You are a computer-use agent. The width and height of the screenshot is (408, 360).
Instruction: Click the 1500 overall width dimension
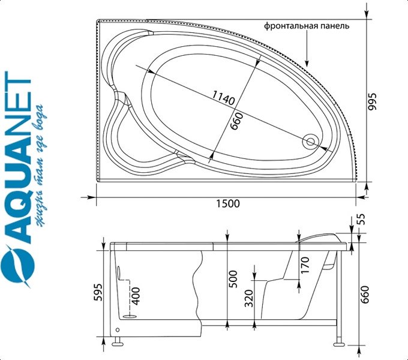pyautogui.click(x=228, y=203)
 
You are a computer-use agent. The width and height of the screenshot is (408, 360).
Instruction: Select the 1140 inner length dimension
pyautogui.click(x=223, y=98)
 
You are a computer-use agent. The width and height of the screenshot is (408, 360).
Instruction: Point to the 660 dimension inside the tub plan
pyautogui.click(x=237, y=121)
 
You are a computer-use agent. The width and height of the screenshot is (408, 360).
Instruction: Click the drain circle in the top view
pyautogui.click(x=311, y=142)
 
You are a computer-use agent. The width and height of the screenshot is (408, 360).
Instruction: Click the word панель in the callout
pyautogui.click(x=335, y=26)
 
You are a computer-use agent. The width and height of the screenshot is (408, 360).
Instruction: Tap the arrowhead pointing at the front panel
pyautogui.click(x=307, y=63)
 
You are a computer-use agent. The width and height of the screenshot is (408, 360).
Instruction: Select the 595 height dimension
pyautogui.click(x=98, y=292)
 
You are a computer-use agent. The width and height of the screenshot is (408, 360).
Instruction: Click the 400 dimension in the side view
pyautogui.click(x=136, y=296)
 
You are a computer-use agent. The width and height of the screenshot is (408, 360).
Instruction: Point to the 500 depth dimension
pyautogui.click(x=233, y=279)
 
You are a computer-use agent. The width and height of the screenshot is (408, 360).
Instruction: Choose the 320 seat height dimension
pyautogui.click(x=249, y=298)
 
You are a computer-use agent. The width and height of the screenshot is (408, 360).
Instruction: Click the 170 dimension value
pyautogui.click(x=305, y=265)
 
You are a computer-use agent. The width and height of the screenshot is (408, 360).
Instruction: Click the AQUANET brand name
pyautogui.click(x=18, y=158)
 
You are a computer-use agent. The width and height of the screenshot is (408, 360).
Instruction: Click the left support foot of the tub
pyautogui.click(x=118, y=342)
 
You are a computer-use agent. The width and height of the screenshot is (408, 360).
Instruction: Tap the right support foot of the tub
pyautogui.click(x=339, y=342)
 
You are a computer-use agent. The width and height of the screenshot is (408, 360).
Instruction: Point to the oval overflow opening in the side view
pyautogui.click(x=119, y=272)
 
